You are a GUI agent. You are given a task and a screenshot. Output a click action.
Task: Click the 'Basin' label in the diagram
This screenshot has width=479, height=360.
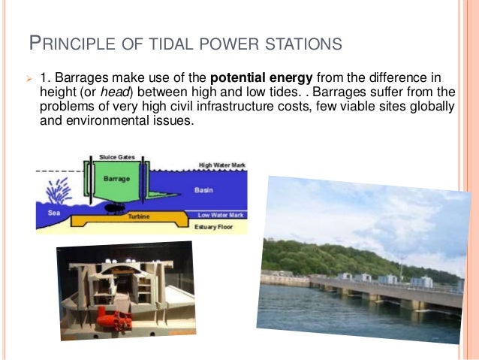[203, 190]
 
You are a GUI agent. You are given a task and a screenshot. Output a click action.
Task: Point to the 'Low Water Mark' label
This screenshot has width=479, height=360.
[221, 214]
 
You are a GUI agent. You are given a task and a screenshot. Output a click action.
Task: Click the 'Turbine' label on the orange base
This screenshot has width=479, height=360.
[139, 215]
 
